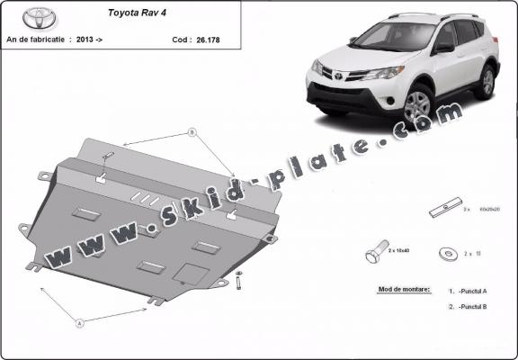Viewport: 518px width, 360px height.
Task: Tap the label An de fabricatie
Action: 36,40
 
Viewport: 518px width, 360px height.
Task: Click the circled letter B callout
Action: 192,133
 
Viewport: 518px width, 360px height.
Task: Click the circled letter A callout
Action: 79,322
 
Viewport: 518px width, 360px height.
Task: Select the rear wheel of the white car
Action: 486,82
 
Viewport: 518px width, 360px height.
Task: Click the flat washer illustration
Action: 446,254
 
